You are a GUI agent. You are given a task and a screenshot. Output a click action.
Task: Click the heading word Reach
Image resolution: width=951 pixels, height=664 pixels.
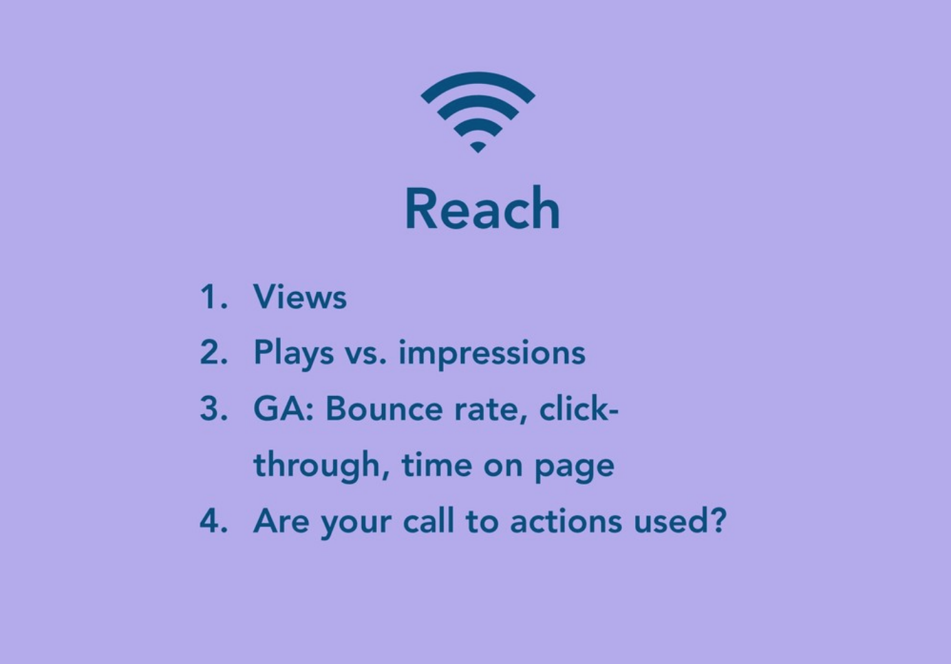(482, 208)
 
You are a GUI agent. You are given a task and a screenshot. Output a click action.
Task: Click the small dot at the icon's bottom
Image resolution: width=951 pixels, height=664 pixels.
(478, 147)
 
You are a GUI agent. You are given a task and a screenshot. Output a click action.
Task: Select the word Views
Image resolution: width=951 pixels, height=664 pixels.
(300, 296)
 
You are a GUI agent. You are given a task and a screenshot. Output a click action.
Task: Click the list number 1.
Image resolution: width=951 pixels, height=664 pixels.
(213, 296)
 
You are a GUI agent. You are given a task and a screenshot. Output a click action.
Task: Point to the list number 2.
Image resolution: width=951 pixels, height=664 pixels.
(213, 352)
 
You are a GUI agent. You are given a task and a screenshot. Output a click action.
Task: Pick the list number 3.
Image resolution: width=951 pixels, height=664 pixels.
(213, 408)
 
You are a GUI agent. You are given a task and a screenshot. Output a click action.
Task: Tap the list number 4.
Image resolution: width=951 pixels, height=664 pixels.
(213, 521)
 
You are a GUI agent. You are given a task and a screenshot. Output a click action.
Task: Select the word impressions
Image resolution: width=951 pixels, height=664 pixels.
(492, 353)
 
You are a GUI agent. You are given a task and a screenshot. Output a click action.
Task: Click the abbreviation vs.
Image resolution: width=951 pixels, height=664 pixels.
(365, 356)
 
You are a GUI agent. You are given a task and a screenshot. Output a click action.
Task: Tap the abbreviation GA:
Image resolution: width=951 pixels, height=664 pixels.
(284, 408)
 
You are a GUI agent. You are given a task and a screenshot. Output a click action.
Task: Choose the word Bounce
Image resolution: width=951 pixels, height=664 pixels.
(384, 408)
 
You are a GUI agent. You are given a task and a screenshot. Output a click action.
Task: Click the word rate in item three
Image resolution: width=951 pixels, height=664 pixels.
(491, 411)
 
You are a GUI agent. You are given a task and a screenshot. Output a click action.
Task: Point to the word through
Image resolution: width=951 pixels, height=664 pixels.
(321, 466)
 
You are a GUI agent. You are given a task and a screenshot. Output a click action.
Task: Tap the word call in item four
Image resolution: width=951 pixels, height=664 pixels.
(429, 520)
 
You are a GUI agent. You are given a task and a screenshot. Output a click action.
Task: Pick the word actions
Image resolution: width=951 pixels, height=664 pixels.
(566, 521)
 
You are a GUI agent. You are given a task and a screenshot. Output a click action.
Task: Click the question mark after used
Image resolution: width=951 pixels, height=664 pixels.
(718, 520)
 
